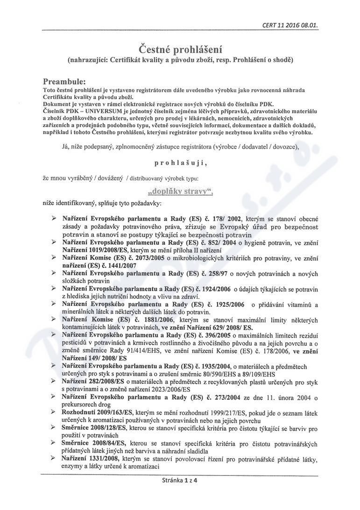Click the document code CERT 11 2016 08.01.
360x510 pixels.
[x=290, y=25]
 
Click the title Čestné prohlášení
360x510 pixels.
[x=180, y=49]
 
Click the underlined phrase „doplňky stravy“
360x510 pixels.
[x=180, y=191]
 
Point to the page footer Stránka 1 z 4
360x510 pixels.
[x=180, y=480]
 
